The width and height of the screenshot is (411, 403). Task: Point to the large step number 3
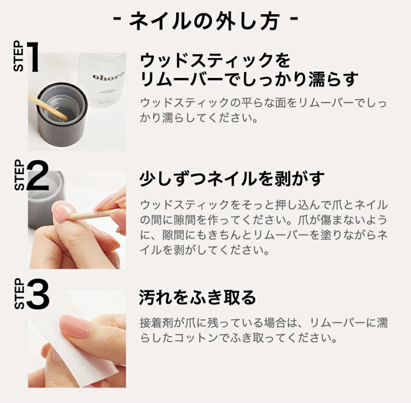38,294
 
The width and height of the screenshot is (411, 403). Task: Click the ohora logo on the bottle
108,76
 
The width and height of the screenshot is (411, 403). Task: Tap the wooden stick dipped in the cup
49,107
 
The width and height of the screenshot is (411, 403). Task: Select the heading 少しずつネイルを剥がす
232,179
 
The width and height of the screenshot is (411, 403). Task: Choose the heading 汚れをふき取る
197,297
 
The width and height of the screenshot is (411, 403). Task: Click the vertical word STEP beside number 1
18,56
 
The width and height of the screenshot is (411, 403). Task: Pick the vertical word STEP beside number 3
19,294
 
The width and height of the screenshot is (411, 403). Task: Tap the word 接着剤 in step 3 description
156,323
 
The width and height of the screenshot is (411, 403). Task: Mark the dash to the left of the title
118,19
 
